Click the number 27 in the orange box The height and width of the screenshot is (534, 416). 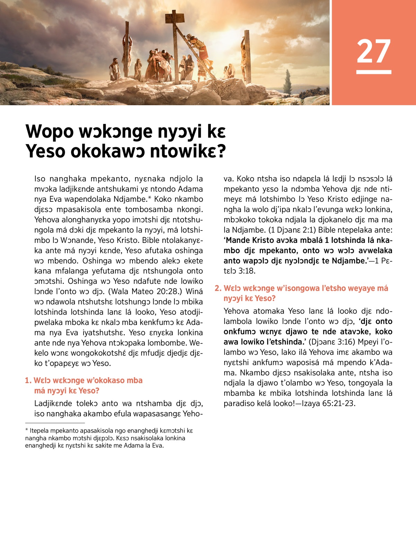coord(373,51)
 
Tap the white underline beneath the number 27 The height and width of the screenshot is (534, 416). coord(373,72)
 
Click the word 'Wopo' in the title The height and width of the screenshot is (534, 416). coord(50,132)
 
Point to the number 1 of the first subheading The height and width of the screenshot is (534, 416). coord(27,380)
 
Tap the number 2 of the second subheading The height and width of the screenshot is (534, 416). coord(217,288)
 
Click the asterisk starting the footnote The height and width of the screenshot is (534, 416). coord(27,430)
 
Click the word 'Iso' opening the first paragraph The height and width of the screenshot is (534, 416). coord(40,179)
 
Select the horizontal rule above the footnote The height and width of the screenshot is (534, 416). coord(55,423)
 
